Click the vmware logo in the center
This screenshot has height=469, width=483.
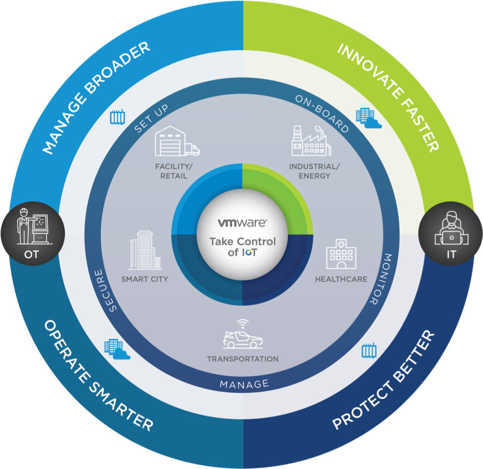(242, 223)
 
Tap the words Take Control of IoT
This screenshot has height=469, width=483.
(242, 247)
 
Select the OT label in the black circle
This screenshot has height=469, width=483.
(31, 255)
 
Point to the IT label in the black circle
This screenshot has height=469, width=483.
(451, 255)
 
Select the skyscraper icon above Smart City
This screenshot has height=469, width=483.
(145, 250)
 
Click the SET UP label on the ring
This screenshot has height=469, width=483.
(151, 118)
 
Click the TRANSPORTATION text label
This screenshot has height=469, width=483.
(243, 359)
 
